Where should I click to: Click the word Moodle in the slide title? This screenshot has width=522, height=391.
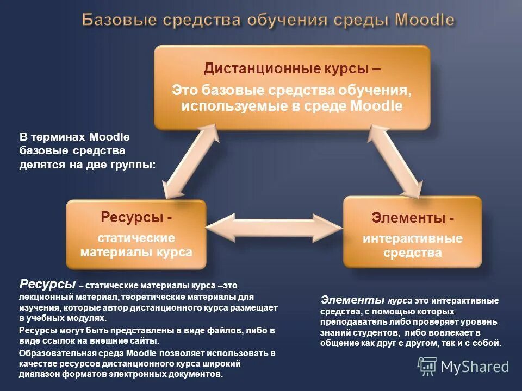(424, 21)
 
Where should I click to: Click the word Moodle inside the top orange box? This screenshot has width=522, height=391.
(376, 105)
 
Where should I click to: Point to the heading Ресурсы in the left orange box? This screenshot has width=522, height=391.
(133, 218)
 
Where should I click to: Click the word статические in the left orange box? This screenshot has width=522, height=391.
(136, 238)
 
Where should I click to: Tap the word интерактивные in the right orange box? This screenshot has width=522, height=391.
(413, 238)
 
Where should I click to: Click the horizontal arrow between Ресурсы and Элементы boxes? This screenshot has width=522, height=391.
(275, 228)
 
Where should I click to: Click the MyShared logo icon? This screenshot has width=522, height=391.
(427, 367)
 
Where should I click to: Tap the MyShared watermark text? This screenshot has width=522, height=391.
(475, 367)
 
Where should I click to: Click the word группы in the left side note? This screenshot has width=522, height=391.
(134, 165)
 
